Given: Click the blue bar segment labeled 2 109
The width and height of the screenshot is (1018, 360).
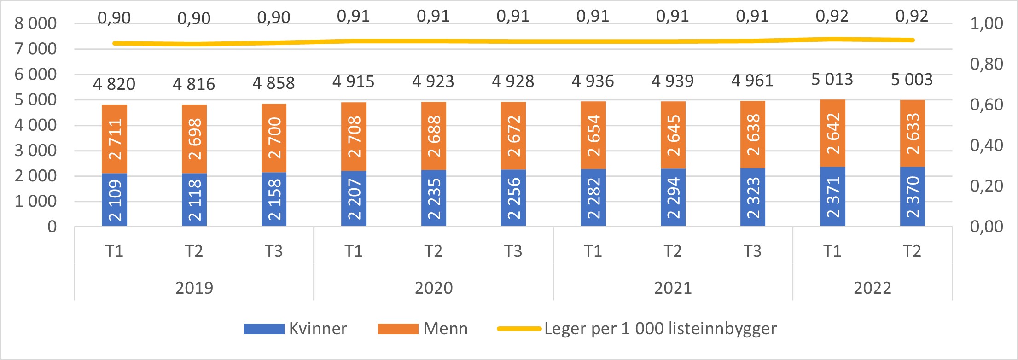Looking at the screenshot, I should (114, 200).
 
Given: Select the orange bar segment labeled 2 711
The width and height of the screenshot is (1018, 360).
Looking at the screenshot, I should (114, 139).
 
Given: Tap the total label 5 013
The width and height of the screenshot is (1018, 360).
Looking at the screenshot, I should (832, 80).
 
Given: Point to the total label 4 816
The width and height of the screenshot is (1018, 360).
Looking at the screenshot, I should (194, 84).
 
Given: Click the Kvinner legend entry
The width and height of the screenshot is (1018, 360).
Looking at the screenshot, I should (295, 329).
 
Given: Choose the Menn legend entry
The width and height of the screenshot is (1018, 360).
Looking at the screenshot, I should (423, 329).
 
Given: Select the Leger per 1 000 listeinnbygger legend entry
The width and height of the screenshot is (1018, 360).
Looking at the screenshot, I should (637, 329).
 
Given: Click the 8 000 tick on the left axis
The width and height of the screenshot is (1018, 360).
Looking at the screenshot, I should (35, 23).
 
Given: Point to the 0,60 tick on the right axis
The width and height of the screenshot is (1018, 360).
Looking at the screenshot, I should (986, 105).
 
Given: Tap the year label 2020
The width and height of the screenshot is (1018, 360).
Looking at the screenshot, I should (433, 288).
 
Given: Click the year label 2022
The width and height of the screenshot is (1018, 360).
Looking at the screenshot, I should (872, 288).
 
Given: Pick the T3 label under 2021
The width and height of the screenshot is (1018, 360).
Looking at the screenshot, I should (752, 251).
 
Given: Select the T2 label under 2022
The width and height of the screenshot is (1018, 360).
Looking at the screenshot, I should (912, 251).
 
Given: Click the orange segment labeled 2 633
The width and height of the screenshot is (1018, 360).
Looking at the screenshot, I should (912, 134).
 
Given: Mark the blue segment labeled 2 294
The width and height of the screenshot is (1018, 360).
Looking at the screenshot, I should (673, 197).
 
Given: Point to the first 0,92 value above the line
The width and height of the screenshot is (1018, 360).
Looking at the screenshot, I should (832, 16).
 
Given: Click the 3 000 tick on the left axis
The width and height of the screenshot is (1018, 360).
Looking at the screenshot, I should (35, 151).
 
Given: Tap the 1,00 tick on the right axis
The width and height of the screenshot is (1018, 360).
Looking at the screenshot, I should (986, 23).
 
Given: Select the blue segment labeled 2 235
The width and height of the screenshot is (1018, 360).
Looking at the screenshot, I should (433, 198).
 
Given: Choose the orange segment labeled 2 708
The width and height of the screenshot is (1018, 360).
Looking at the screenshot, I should (354, 137).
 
